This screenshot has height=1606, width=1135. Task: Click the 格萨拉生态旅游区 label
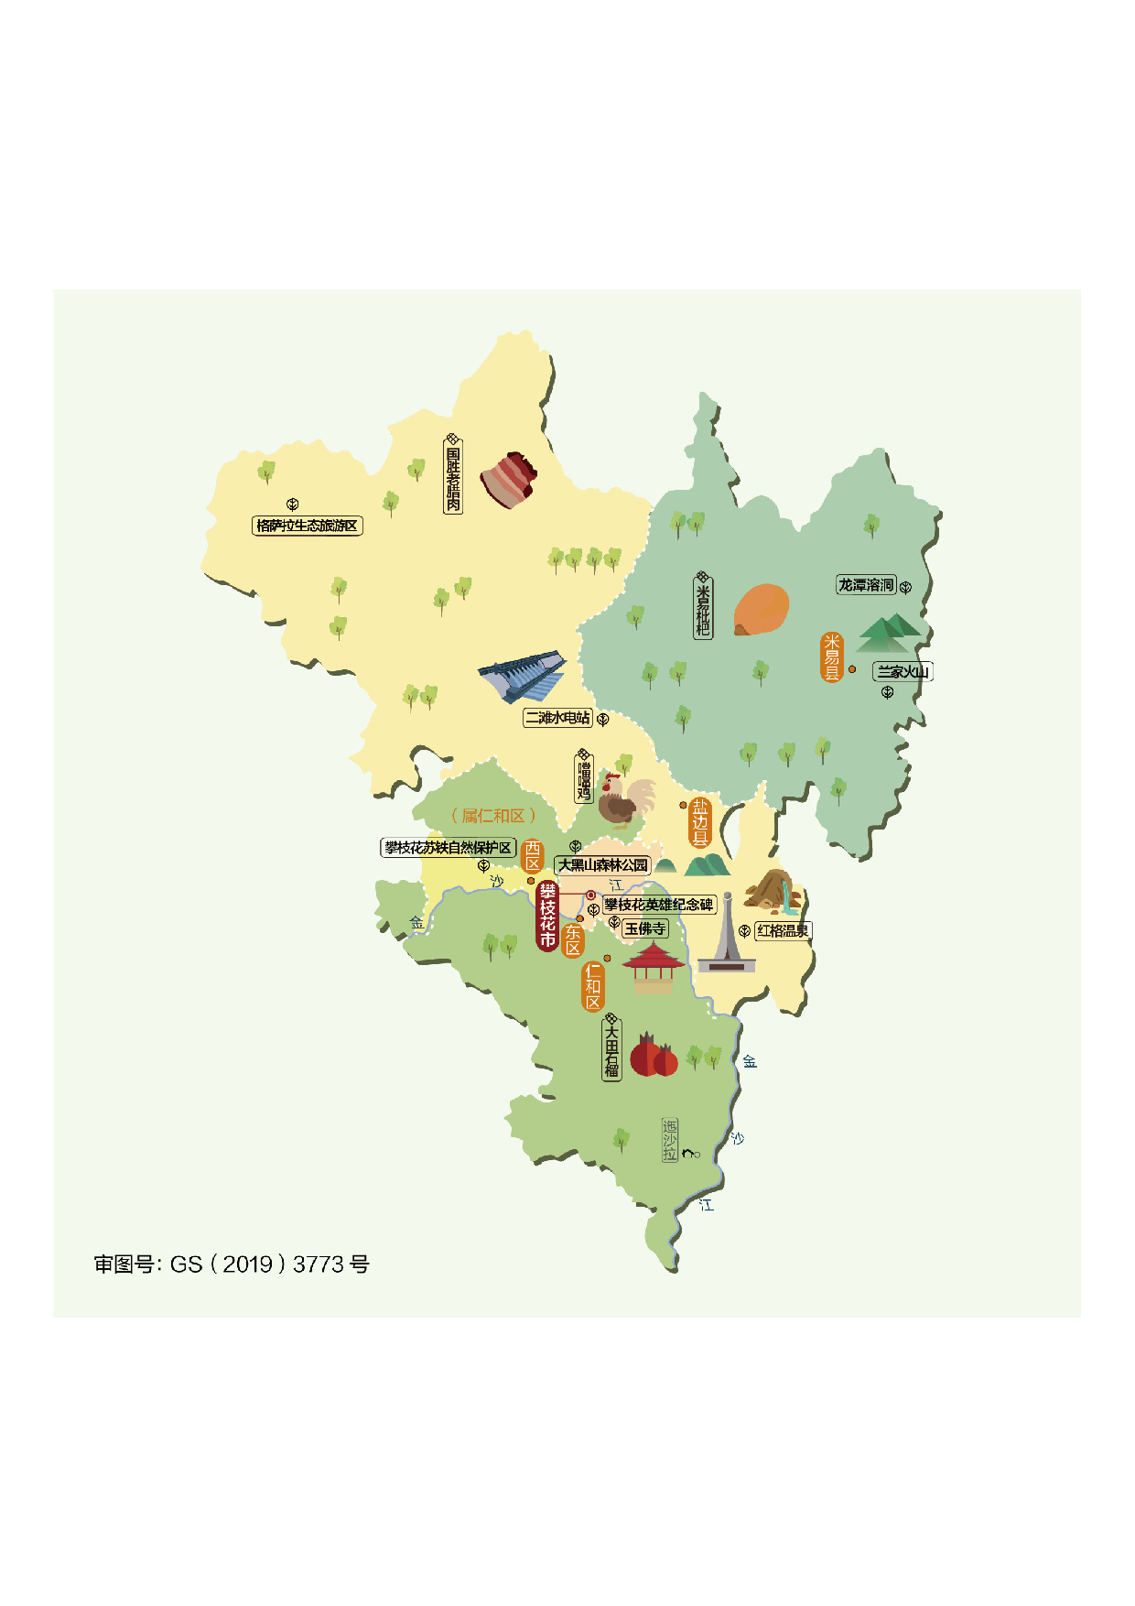pos(307,526)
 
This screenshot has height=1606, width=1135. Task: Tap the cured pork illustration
pos(508,478)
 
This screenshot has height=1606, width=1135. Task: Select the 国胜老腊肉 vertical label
pos(453,475)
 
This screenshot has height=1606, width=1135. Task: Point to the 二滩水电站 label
pos(557,718)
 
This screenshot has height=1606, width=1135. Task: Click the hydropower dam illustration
pos(523,676)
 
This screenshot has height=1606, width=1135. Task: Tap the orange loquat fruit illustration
pos(761,609)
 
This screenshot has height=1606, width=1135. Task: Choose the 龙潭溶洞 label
pos(866,584)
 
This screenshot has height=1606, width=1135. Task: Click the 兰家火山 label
pos(903,671)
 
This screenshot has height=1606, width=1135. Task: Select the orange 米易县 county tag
pos(831,657)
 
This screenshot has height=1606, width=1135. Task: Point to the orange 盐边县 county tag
pos(700,822)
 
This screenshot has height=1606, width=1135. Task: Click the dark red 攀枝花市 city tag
pos(547,916)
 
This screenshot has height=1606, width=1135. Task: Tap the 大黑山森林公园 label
pos(602,864)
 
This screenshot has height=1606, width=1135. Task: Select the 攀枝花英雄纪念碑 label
pos(658,905)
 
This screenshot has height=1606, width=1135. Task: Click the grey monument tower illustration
pos(727,936)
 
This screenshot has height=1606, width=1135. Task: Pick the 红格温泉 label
pos(783,930)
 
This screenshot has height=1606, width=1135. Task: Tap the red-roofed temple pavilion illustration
pos(653,967)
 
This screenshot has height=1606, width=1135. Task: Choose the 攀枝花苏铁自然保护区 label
pos(448,848)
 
